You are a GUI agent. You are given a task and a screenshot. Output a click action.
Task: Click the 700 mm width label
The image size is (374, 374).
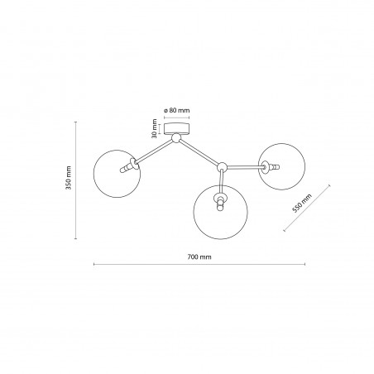199,257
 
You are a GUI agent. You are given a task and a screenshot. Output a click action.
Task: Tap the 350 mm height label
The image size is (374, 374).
69,178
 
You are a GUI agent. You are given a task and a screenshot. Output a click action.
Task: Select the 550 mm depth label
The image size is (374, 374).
302,204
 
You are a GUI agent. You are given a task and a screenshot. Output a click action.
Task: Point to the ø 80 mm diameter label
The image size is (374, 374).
176,110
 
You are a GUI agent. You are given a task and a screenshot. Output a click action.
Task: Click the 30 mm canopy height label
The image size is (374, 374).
154,128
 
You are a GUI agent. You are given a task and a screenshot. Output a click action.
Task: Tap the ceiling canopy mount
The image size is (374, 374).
177,129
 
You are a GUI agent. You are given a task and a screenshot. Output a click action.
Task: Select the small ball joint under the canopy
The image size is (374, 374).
175,137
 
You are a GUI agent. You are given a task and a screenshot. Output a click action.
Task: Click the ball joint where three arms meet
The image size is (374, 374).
222,167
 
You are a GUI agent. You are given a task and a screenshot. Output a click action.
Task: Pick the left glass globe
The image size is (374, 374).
93,174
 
